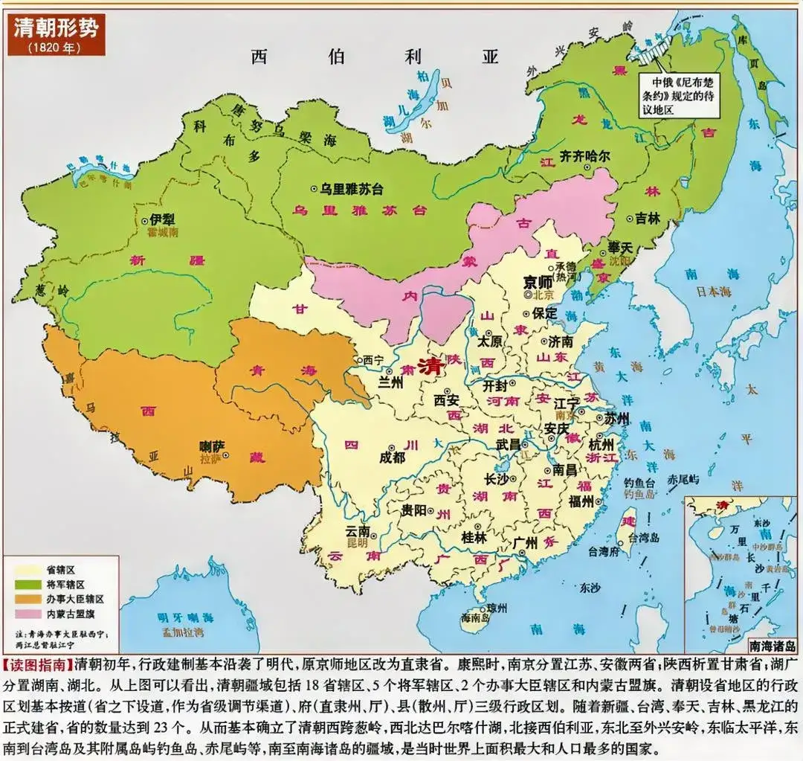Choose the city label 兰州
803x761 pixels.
pyautogui.click(x=390, y=381)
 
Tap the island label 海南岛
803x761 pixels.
pyautogui.click(x=474, y=617)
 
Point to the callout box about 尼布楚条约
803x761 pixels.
pyautogui.click(x=683, y=95)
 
